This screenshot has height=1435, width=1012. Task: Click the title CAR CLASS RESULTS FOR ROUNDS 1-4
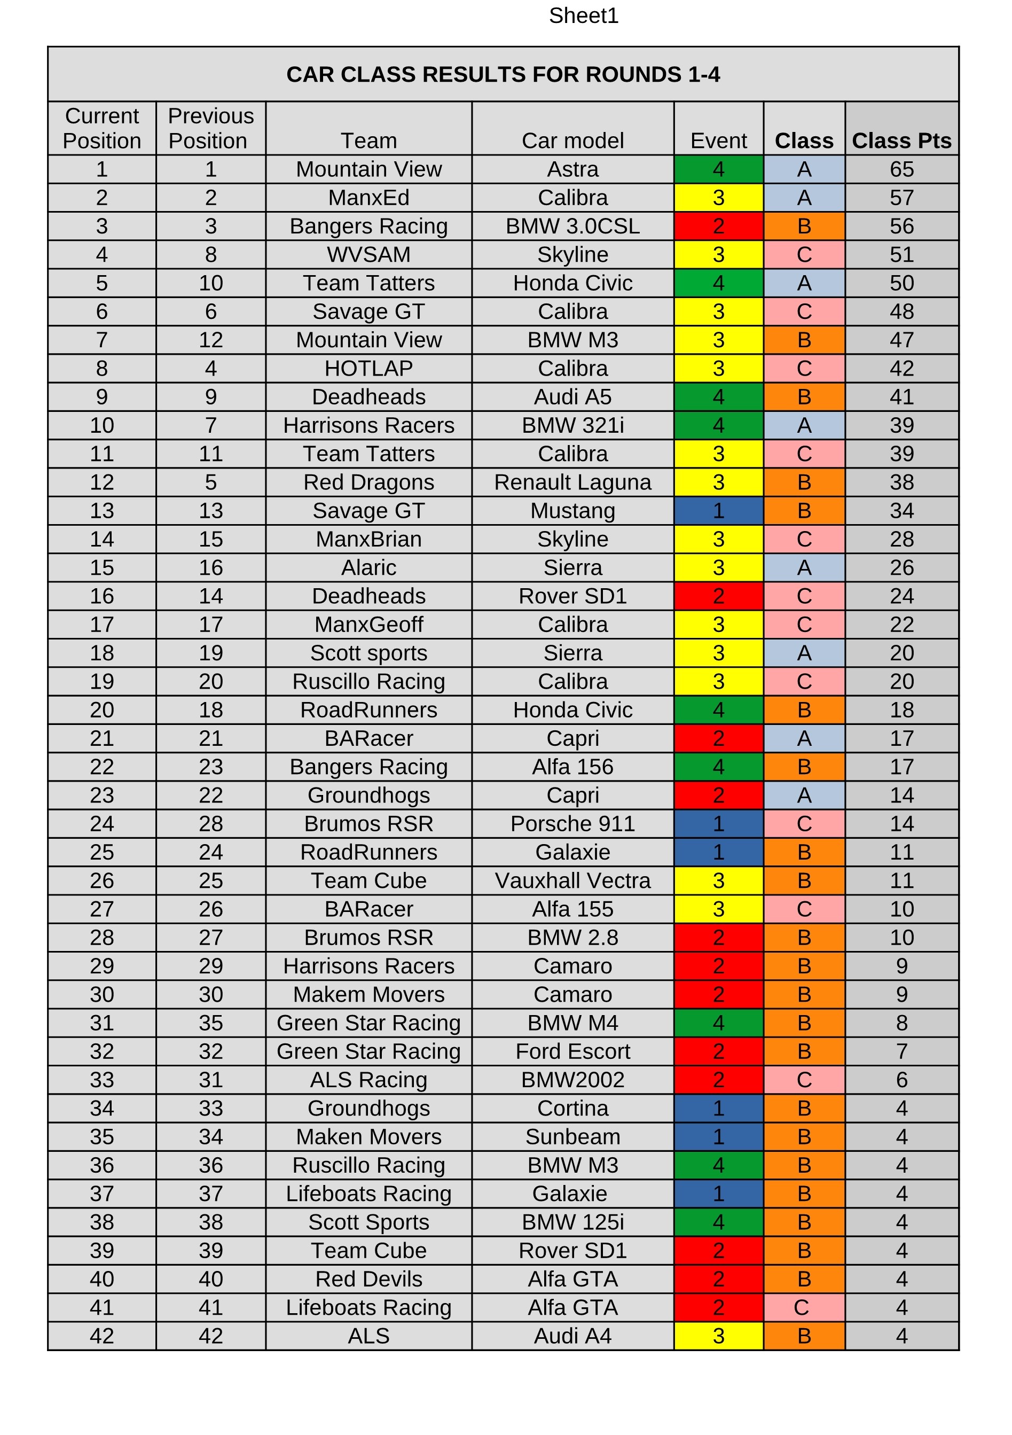(503, 74)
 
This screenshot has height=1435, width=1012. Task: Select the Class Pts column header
(901, 141)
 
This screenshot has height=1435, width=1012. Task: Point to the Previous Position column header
(210, 128)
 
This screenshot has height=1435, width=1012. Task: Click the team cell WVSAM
(368, 254)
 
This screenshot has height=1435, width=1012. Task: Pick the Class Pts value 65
(901, 169)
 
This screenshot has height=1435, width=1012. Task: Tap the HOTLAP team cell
(368, 368)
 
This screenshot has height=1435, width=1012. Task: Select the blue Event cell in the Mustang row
(718, 511)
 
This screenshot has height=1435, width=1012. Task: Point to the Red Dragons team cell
(368, 482)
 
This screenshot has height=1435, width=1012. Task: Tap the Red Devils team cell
(368, 1279)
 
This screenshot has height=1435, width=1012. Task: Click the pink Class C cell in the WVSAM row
(804, 254)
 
